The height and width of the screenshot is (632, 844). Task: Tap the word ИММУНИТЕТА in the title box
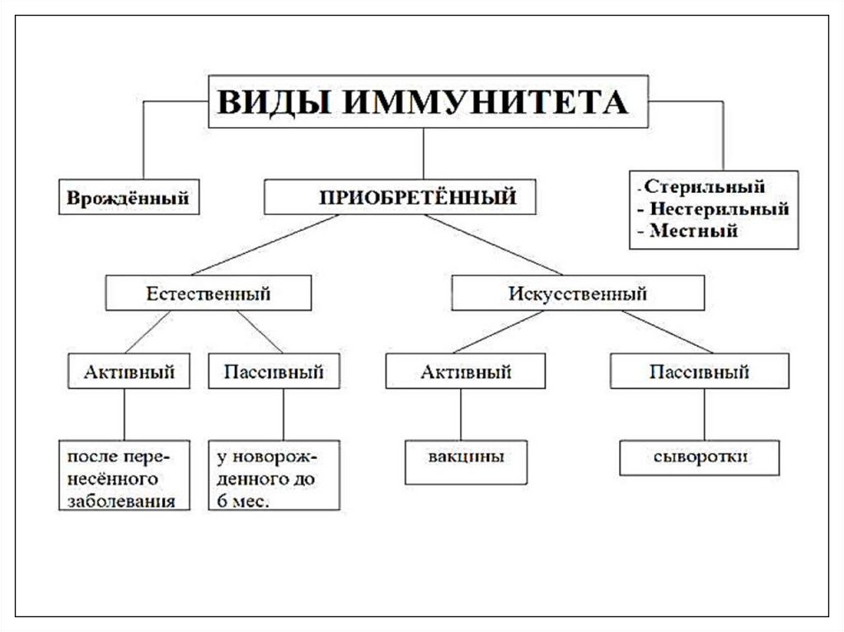pyautogui.click(x=484, y=102)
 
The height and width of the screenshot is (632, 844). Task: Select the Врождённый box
pyautogui.click(x=128, y=199)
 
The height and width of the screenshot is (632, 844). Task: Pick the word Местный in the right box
pyautogui.click(x=692, y=232)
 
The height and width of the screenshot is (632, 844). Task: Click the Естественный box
pyautogui.click(x=208, y=293)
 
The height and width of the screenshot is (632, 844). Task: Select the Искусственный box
pyautogui.click(x=577, y=293)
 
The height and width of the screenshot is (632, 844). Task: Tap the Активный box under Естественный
pyautogui.click(x=129, y=372)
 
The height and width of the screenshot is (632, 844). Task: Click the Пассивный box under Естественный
pyautogui.click(x=272, y=372)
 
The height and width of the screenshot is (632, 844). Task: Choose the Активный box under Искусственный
pyautogui.click(x=465, y=372)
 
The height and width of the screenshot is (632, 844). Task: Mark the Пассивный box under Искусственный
pyautogui.click(x=699, y=372)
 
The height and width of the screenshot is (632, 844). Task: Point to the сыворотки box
pyautogui.click(x=700, y=458)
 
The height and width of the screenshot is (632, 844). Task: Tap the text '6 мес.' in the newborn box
pyautogui.click(x=244, y=501)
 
